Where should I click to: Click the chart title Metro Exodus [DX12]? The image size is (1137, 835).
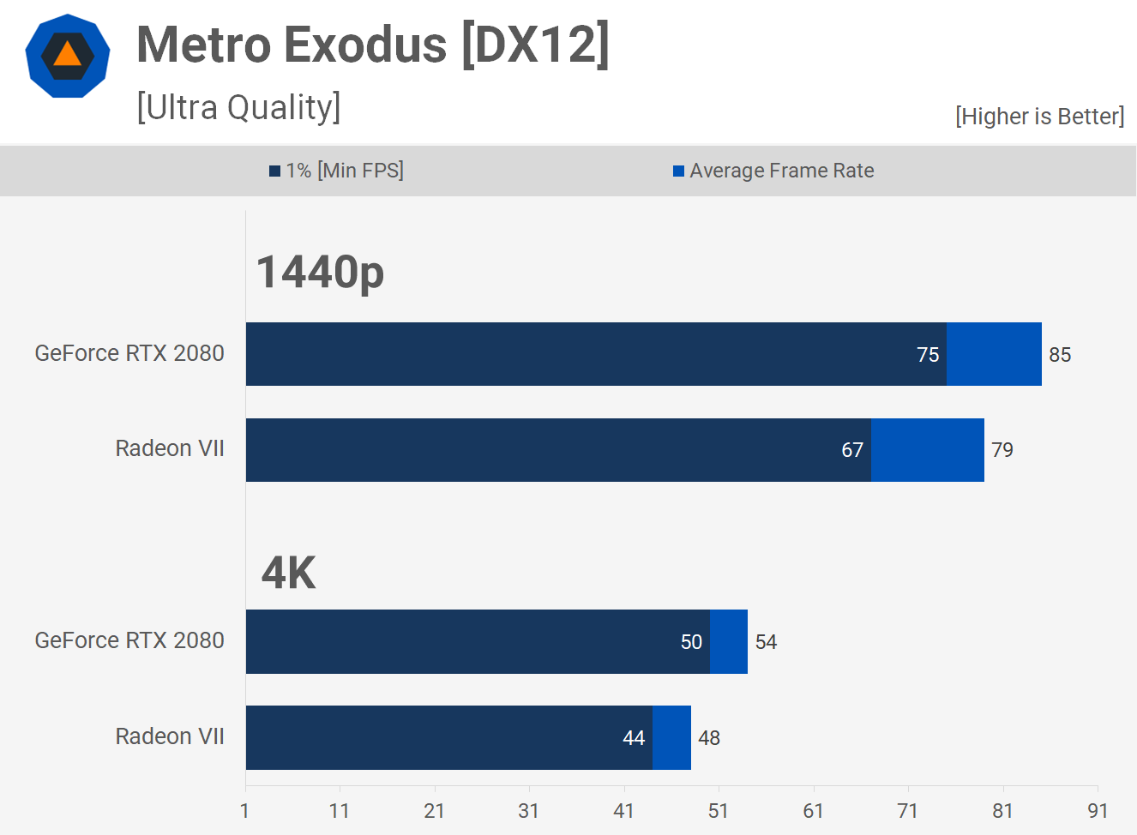(x=373, y=45)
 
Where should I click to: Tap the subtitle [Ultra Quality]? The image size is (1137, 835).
(x=238, y=108)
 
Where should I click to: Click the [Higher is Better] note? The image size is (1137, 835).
(x=1039, y=117)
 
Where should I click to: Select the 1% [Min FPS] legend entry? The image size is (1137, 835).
(x=336, y=171)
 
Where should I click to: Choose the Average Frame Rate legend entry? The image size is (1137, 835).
(x=773, y=171)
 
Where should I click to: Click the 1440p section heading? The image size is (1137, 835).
(x=320, y=273)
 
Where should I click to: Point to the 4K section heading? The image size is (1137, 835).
(x=289, y=573)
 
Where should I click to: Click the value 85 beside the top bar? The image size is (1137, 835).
(x=1060, y=355)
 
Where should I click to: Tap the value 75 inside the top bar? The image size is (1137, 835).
(x=928, y=355)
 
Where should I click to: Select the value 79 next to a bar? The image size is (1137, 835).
(x=1002, y=450)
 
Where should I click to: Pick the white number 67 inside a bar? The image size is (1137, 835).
(x=852, y=450)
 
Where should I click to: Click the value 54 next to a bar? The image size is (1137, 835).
(x=766, y=642)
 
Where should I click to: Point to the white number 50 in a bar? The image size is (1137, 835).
(x=691, y=642)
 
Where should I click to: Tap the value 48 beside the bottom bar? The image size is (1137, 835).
(x=709, y=738)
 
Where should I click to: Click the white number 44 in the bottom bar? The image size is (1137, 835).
(x=634, y=738)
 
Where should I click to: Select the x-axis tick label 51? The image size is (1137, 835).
(x=719, y=811)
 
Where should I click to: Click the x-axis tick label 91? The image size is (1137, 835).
(x=1098, y=811)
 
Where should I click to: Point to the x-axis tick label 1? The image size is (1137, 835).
(x=245, y=811)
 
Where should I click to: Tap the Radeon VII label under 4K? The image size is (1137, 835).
(x=170, y=736)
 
